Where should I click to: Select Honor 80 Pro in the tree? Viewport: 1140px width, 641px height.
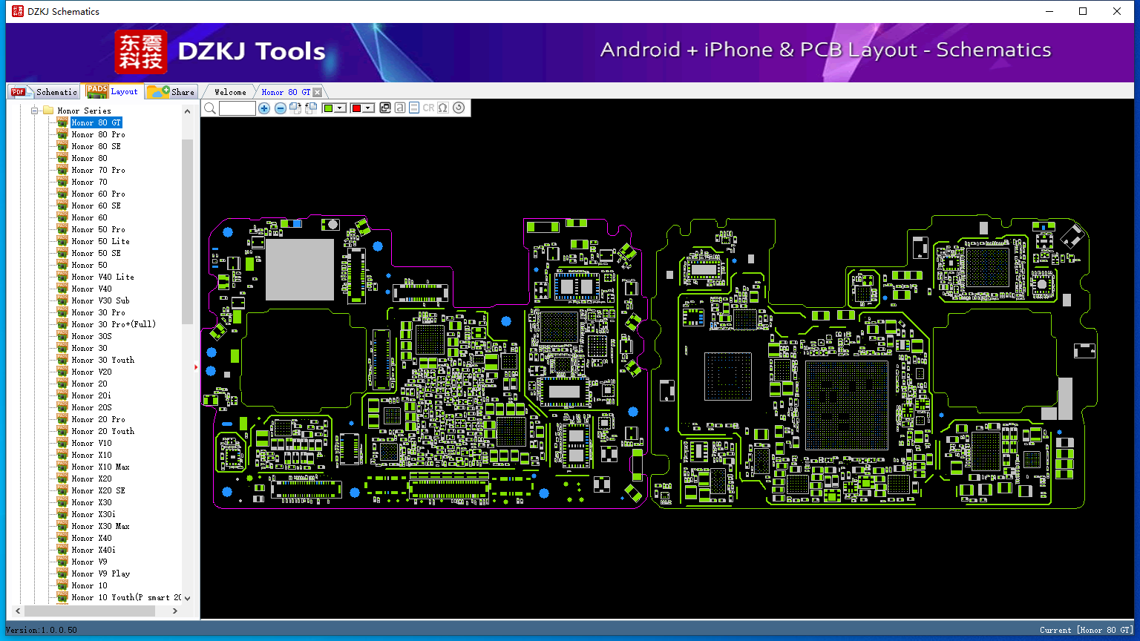98,134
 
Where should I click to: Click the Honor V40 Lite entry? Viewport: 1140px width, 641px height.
103,277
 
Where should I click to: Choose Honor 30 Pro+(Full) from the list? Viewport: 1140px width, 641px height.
114,324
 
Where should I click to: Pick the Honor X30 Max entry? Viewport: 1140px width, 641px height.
100,526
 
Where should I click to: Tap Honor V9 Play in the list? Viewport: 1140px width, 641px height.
101,573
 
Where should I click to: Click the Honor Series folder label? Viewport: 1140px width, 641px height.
84,111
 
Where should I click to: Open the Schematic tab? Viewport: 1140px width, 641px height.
45,91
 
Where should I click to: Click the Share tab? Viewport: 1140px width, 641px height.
171,91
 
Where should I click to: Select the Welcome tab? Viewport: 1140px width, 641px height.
230,92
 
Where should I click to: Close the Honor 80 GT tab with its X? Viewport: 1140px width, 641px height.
318,92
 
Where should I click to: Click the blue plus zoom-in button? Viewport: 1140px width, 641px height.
264,108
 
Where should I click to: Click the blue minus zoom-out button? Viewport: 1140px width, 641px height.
280,108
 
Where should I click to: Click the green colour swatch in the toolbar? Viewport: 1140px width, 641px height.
328,108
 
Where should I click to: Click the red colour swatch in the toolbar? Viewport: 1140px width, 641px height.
356,108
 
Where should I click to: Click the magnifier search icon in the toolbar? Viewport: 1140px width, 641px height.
210,108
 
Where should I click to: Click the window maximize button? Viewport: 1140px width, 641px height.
1083,11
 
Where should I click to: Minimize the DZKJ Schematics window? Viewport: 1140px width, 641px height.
1049,11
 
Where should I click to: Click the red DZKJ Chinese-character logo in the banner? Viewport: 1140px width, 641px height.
141,51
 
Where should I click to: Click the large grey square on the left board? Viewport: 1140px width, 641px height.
300,269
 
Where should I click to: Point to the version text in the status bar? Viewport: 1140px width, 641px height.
42,630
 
